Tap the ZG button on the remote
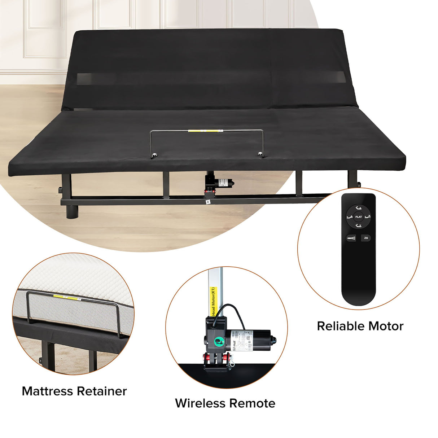[x=366, y=238]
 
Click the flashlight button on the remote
[x=351, y=238]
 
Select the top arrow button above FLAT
[x=358, y=208]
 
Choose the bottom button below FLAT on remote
[x=358, y=226]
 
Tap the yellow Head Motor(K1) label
[x=213, y=301]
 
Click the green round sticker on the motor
[x=218, y=341]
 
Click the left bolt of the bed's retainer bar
[x=155, y=156]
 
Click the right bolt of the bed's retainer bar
[x=260, y=154]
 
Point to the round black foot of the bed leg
[x=72, y=212]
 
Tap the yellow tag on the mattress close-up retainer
[x=67, y=297]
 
